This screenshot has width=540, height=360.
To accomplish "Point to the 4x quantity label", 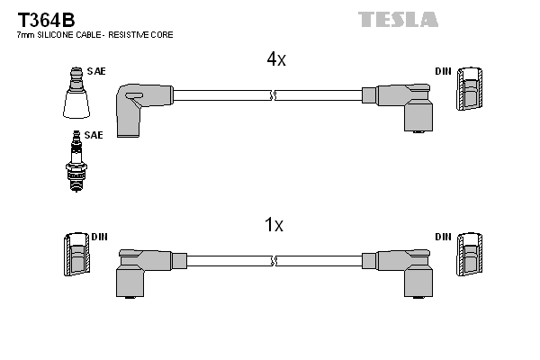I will click(x=275, y=60).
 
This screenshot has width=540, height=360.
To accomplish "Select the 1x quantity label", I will click(x=274, y=225).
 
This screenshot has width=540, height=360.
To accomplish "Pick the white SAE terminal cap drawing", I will click(x=76, y=96).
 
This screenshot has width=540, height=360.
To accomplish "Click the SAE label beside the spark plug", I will click(x=94, y=134).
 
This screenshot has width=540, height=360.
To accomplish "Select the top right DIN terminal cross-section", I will click(x=470, y=89).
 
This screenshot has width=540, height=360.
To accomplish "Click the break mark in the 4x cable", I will click(x=272, y=93).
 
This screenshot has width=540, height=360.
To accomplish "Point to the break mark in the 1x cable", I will click(x=272, y=260).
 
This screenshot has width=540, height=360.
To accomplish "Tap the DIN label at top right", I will click(x=443, y=70).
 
